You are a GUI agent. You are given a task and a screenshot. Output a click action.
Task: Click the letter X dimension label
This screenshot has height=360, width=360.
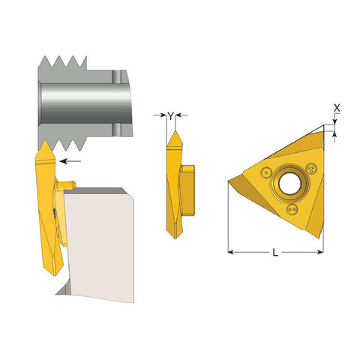point(336,108)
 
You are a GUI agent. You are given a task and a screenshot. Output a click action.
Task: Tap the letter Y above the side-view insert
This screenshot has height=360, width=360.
point(171,115)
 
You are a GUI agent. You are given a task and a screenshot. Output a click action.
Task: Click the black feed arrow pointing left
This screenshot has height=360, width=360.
point(72,160)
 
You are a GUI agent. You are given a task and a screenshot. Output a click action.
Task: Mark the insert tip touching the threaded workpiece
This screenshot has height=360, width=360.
point(43,143)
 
